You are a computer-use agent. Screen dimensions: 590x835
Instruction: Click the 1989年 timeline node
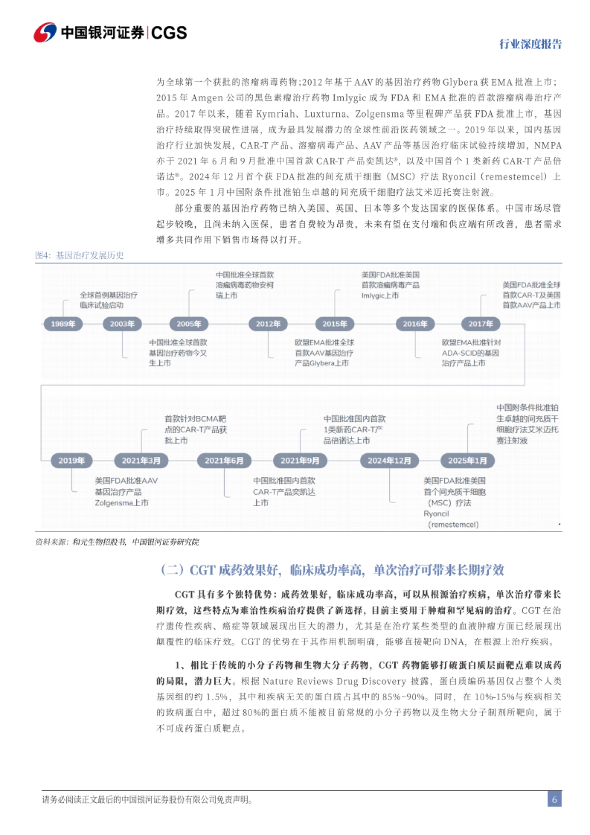pyautogui.click(x=63, y=324)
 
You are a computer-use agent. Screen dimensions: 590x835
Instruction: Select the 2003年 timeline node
pyautogui.click(x=122, y=324)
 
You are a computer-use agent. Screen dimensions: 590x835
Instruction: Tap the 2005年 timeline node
pyautogui.click(x=189, y=324)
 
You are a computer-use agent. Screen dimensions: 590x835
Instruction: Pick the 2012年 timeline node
pyautogui.click(x=268, y=324)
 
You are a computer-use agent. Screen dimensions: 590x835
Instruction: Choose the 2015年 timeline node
pyautogui.click(x=334, y=324)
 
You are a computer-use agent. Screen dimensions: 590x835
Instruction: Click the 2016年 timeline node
pyautogui.click(x=415, y=324)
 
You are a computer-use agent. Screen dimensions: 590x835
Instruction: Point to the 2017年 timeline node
pyautogui.click(x=480, y=324)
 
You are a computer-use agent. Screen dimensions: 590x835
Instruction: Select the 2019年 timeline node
pyautogui.click(x=71, y=461)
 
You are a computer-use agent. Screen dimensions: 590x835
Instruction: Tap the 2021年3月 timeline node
pyautogui.click(x=141, y=461)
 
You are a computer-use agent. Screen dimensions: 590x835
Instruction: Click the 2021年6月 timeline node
pyautogui.click(x=224, y=461)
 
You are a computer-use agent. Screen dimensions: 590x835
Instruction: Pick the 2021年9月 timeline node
pyautogui.click(x=300, y=461)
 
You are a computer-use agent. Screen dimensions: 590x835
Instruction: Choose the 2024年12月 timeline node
pyautogui.click(x=389, y=461)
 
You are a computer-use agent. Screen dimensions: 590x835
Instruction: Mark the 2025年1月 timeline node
pyautogui.click(x=467, y=461)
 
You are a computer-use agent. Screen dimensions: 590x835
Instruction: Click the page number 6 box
pyautogui.click(x=554, y=799)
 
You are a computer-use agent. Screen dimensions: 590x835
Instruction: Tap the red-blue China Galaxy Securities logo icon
pyautogui.click(x=45, y=32)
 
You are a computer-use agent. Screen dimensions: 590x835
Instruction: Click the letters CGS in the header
pyautogui.click(x=169, y=33)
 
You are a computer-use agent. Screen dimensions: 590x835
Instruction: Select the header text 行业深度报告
pyautogui.click(x=530, y=44)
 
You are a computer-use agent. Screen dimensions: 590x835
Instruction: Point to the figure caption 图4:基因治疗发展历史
pyautogui.click(x=79, y=255)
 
